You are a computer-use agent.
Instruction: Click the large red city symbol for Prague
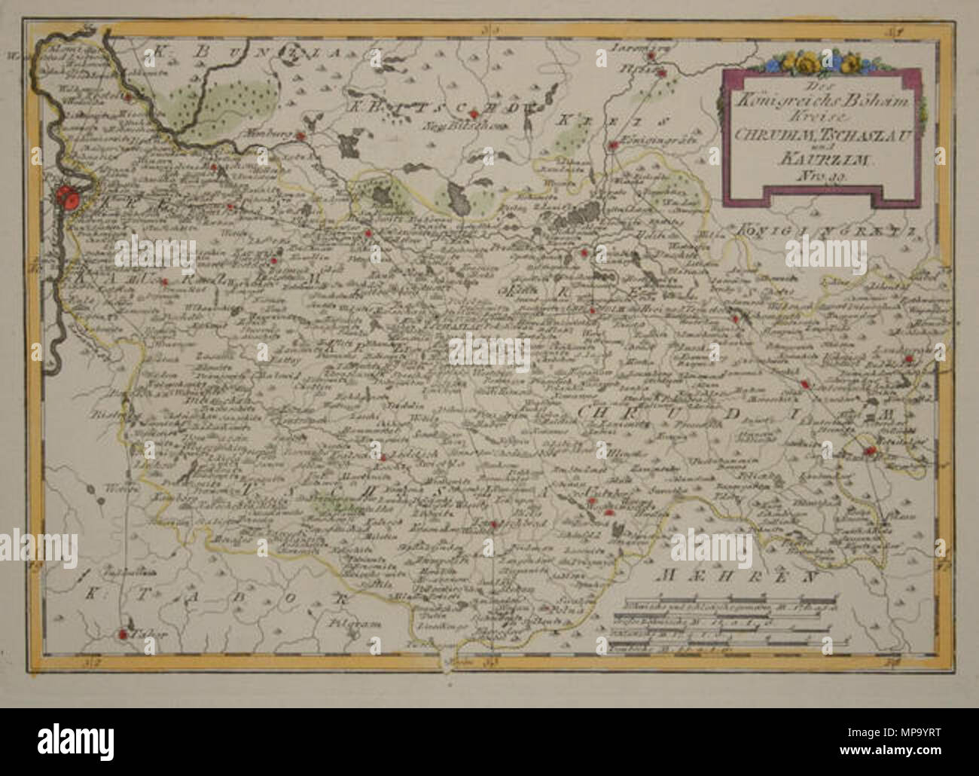[69, 199]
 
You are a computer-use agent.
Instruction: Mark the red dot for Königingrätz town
[615, 145]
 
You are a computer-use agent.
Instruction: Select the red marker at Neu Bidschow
[473, 115]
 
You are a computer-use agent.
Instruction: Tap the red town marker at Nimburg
[300, 136]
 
